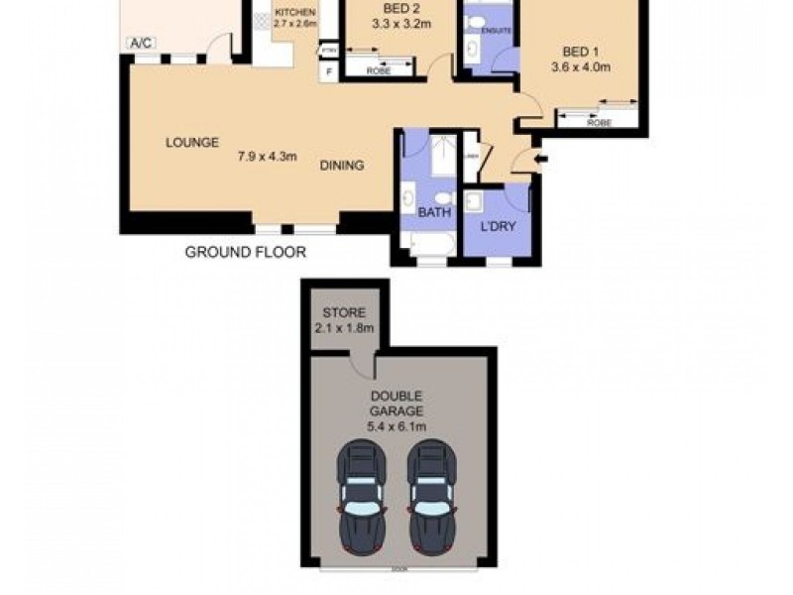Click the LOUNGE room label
191,143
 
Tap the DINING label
341,166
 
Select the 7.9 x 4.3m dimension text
268,156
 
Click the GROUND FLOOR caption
246,253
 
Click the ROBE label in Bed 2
378,71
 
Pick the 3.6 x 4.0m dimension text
580,67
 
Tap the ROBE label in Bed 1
598,122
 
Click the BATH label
433,212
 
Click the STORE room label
343,313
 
